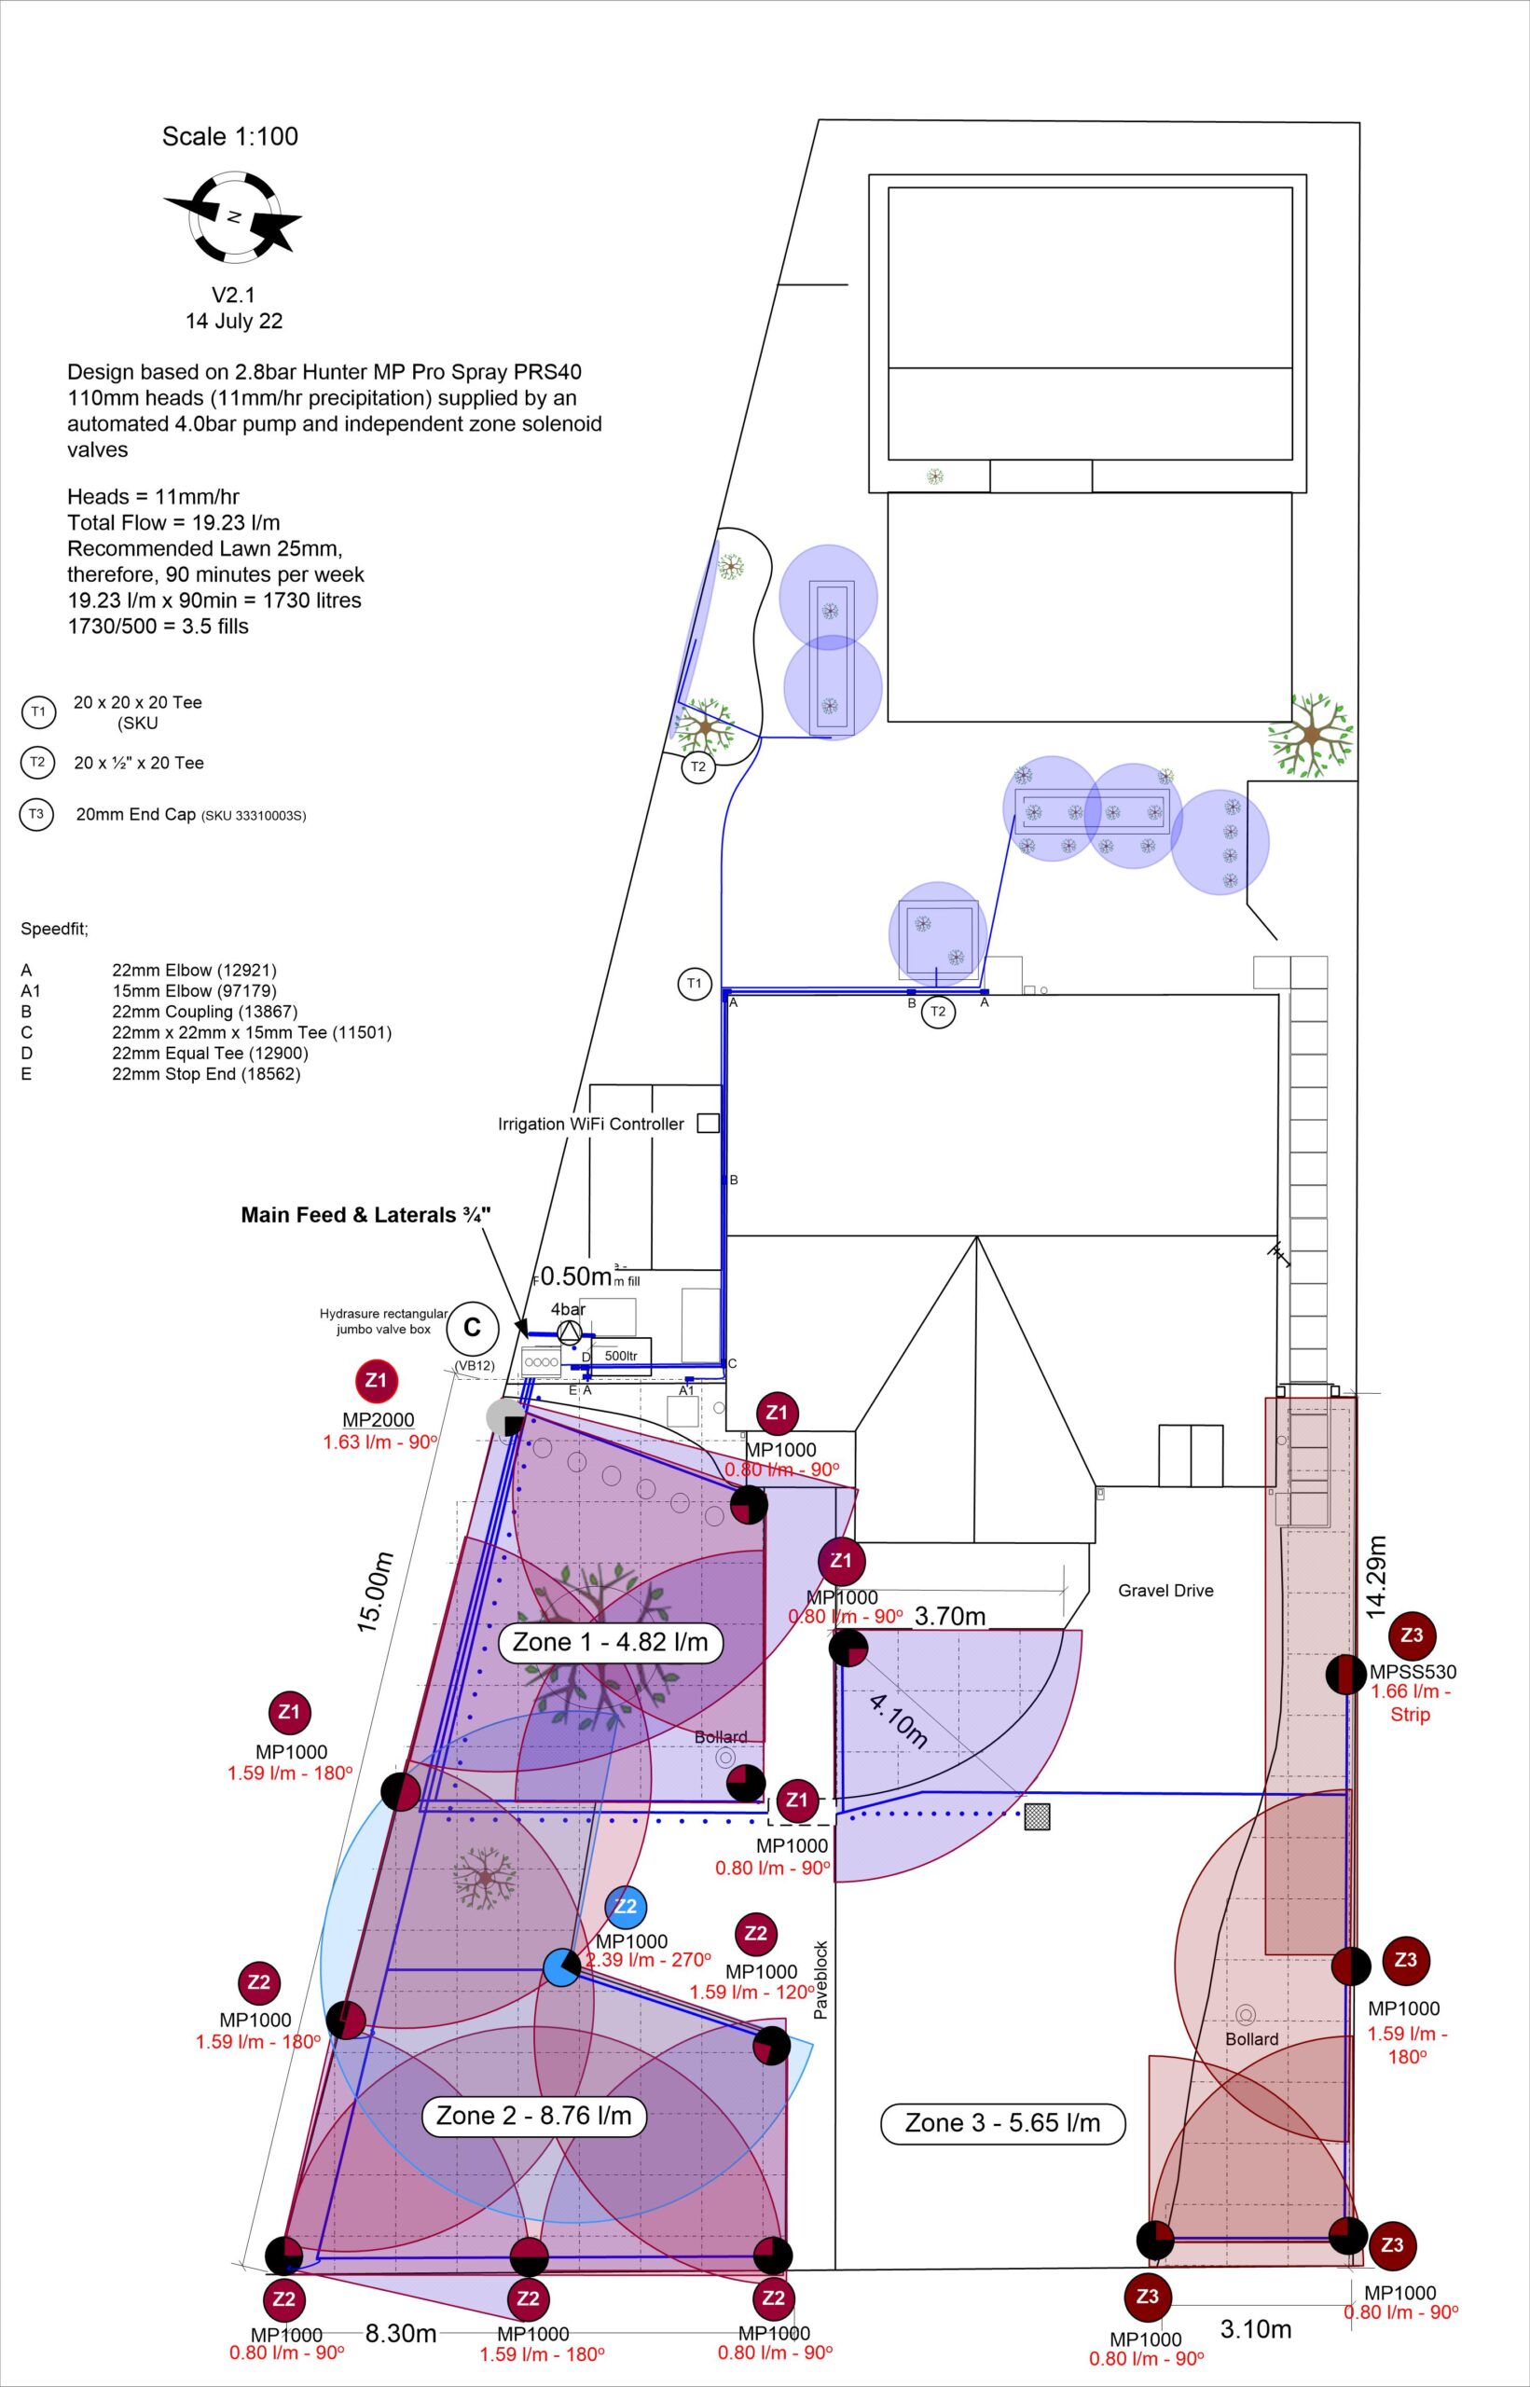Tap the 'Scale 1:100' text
pyautogui.click(x=229, y=136)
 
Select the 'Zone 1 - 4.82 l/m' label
pyautogui.click(x=610, y=1642)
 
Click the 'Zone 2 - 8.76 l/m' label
pyautogui.click(x=533, y=2116)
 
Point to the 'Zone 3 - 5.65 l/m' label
pyautogui.click(x=1002, y=2123)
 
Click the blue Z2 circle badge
pyautogui.click(x=625, y=1905)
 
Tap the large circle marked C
pyautogui.click(x=472, y=1328)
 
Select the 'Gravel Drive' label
pyautogui.click(x=1165, y=1591)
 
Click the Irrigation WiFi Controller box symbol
pyautogui.click(x=708, y=1124)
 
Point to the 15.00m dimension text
pyautogui.click(x=376, y=1592)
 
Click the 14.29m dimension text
pyautogui.click(x=1375, y=1577)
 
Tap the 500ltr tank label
pyautogui.click(x=621, y=1356)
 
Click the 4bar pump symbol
pyautogui.click(x=569, y=1333)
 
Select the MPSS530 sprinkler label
pyautogui.click(x=1412, y=1672)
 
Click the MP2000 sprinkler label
pyautogui.click(x=378, y=1419)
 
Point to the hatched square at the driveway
pyautogui.click(x=1037, y=1815)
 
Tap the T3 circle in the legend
pyautogui.click(x=36, y=815)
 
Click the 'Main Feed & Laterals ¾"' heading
pyautogui.click(x=365, y=1215)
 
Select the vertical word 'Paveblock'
pyautogui.click(x=820, y=1980)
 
